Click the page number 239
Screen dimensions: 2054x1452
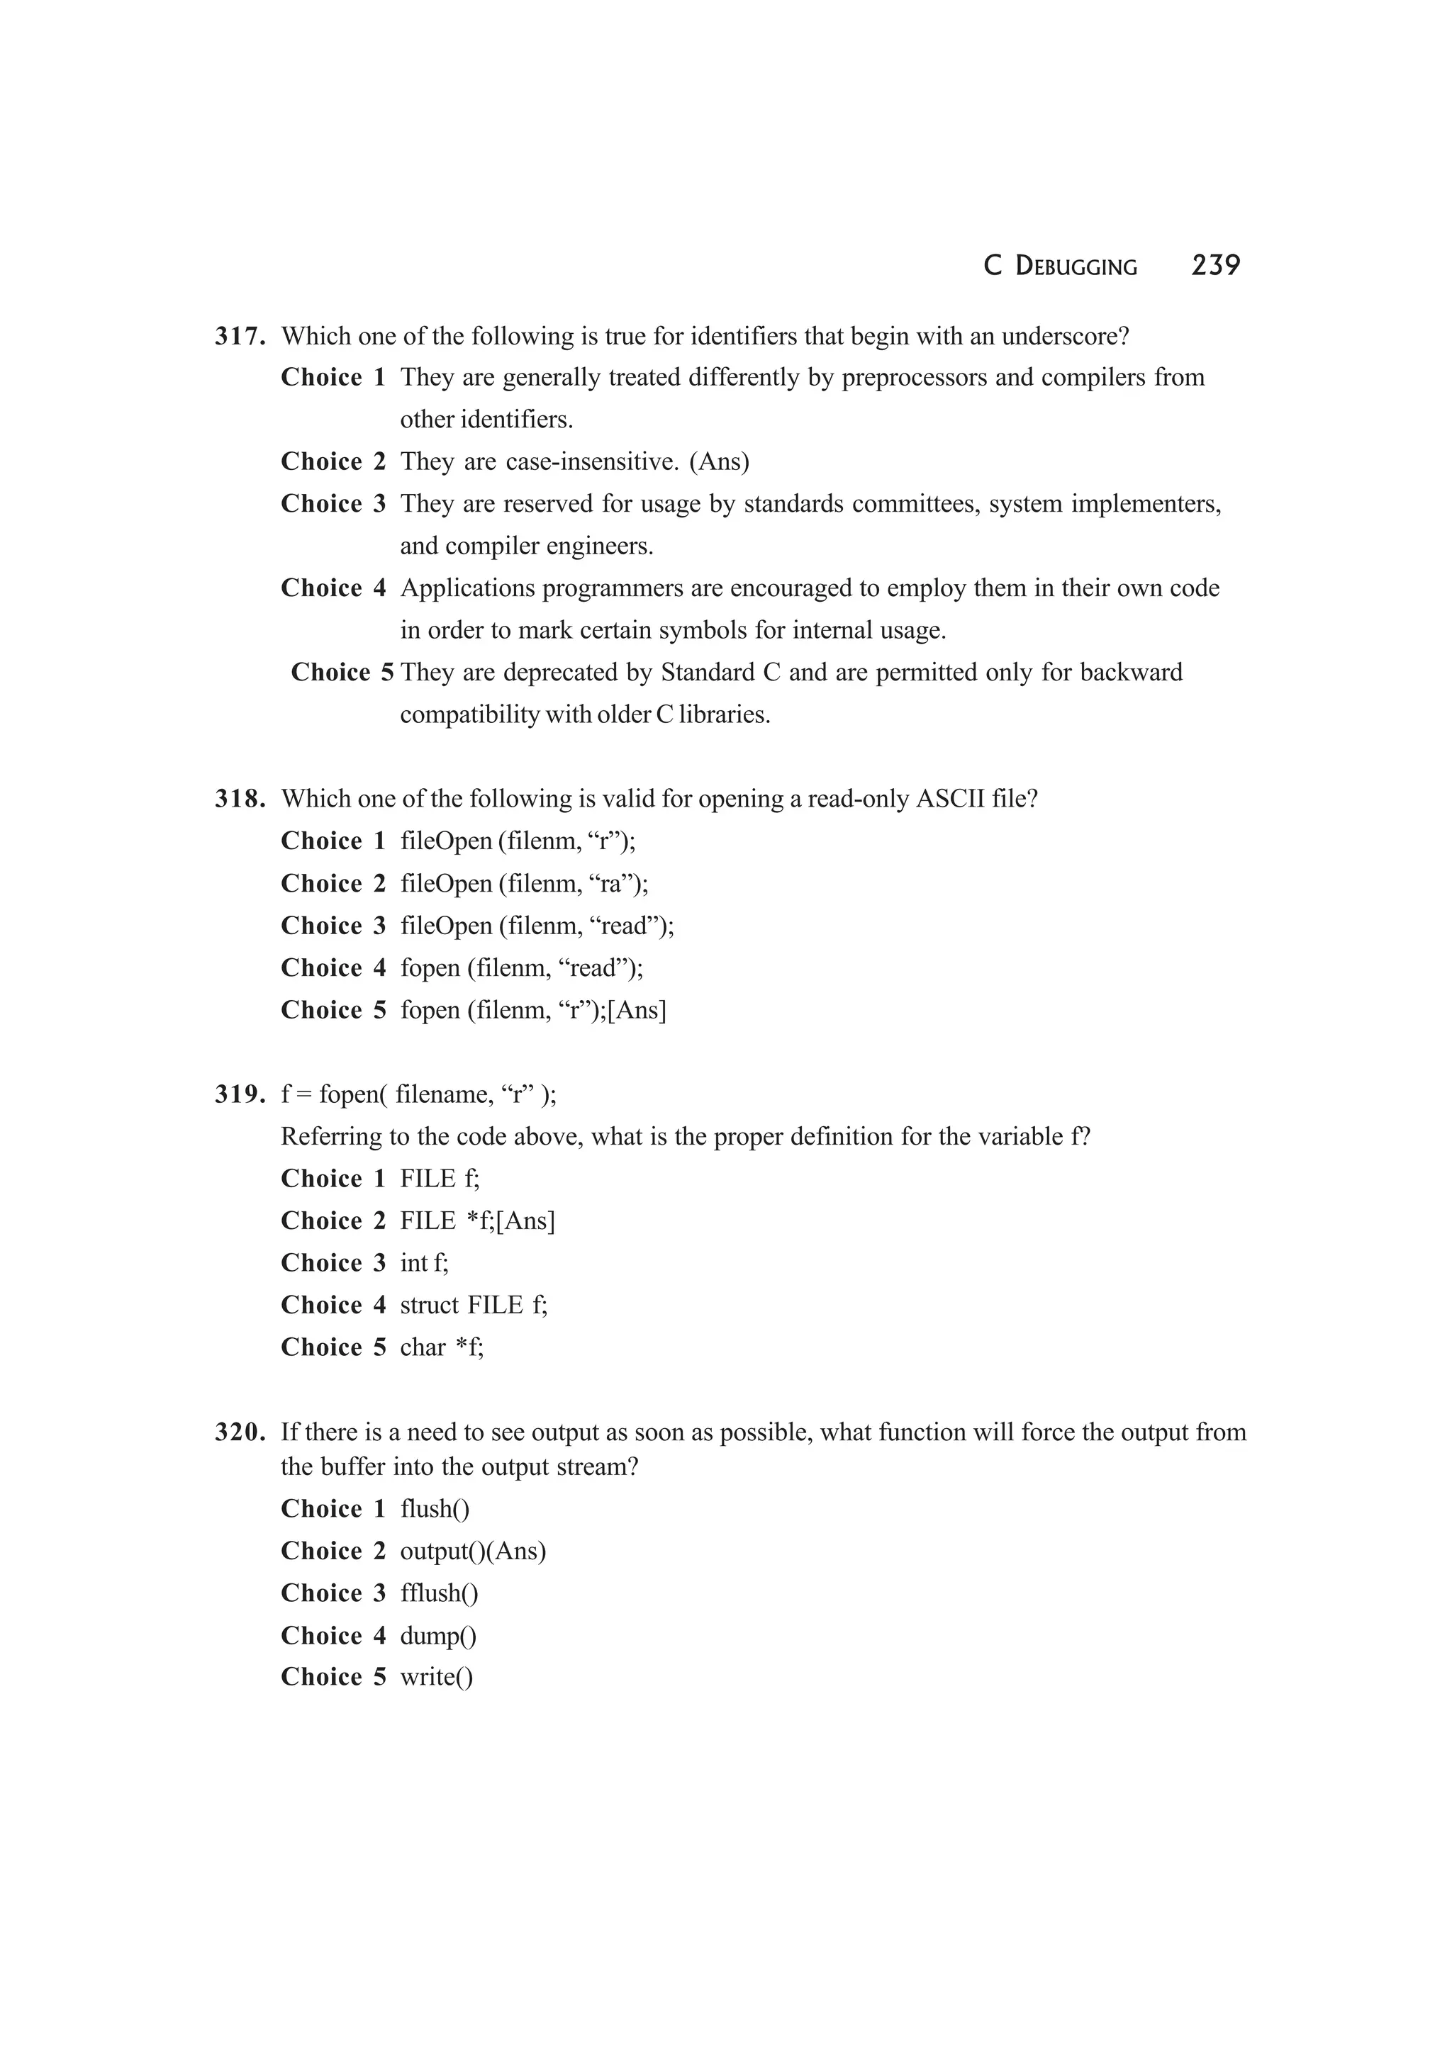point(1215,265)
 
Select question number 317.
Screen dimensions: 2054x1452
point(240,337)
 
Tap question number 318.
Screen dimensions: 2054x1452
point(240,799)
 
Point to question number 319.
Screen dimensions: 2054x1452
point(240,1094)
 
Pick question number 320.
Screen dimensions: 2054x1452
point(240,1432)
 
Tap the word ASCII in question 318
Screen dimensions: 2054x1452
point(950,799)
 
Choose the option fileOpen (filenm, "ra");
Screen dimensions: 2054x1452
point(524,884)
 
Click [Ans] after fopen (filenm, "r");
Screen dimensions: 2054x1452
point(637,1010)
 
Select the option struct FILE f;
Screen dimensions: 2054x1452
point(474,1306)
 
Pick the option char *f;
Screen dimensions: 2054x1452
point(442,1347)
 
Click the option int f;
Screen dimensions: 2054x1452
point(424,1263)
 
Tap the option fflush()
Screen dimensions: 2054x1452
point(440,1593)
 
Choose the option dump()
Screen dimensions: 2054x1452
point(438,1637)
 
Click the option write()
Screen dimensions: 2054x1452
point(436,1678)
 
